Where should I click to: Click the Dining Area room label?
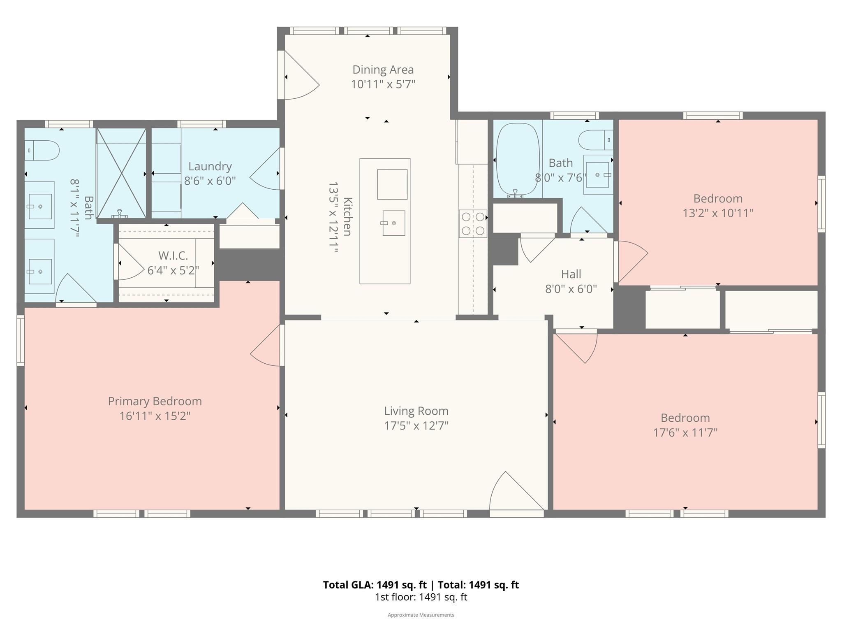383,70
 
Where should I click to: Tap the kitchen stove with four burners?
473,224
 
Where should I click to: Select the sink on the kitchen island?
393,223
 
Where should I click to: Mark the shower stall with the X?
121,173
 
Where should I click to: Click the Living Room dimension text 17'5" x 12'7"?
416,425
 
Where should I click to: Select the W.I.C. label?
173,256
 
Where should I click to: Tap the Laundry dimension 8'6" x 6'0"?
210,181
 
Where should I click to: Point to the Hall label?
571,274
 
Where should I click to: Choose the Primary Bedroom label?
155,401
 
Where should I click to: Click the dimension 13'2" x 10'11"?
718,213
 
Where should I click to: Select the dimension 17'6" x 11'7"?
685,432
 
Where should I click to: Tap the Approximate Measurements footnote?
421,615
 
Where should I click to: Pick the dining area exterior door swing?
299,78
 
